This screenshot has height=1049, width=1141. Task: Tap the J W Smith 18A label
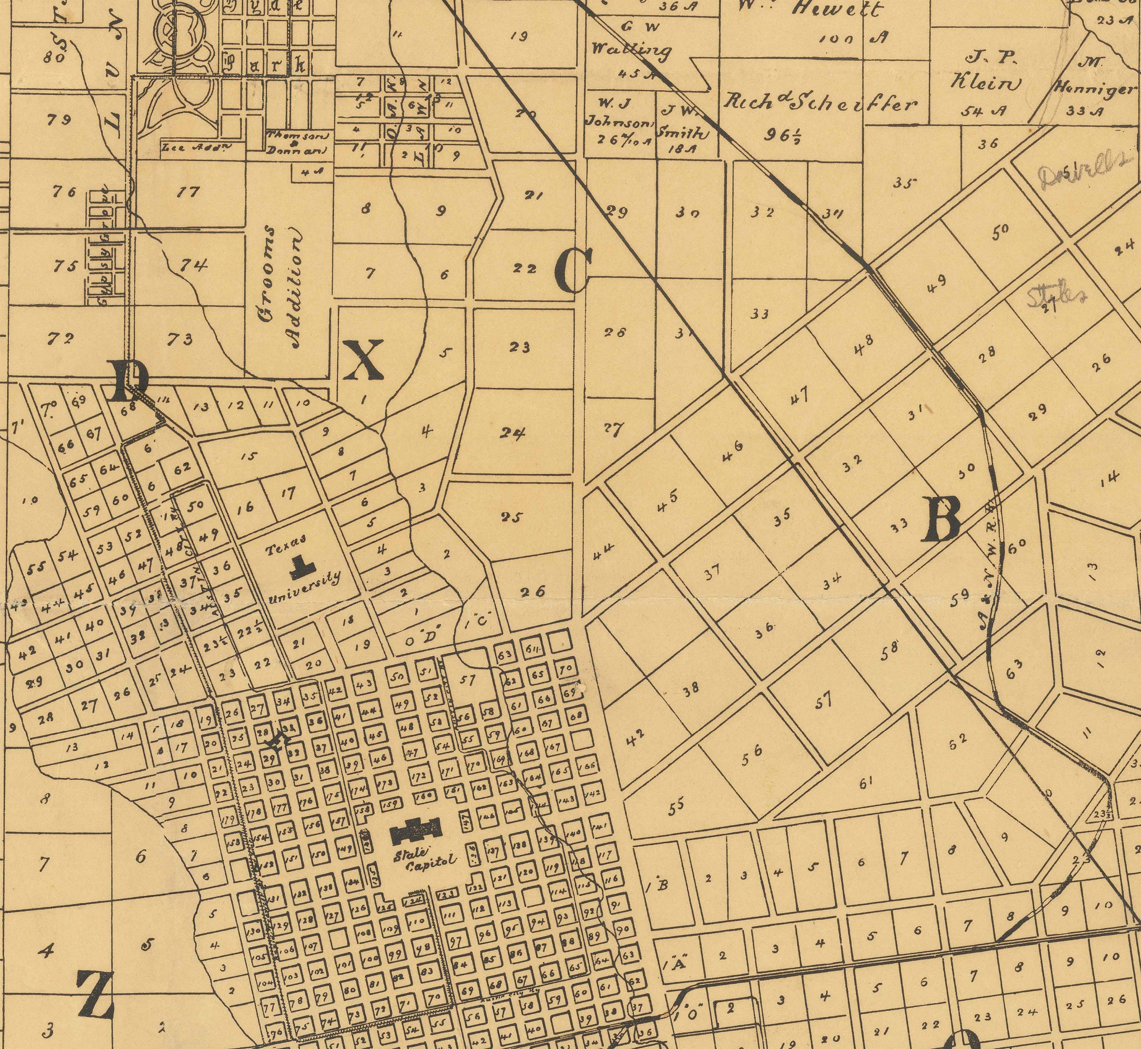click(683, 132)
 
